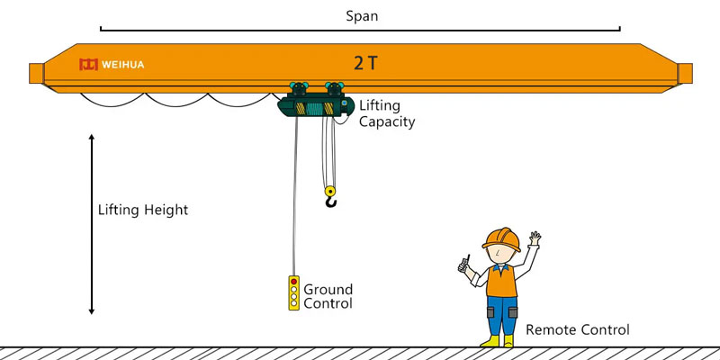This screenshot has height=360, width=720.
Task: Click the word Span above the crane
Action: (x=361, y=16)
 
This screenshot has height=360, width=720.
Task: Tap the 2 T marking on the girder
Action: (x=365, y=63)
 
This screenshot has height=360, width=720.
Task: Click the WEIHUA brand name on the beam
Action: (x=122, y=65)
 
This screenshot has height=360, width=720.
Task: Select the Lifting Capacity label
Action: (x=387, y=113)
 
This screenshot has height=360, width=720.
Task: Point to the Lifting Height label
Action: (x=143, y=210)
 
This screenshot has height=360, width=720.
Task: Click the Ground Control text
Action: (x=328, y=296)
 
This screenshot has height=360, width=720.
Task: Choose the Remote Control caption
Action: (x=578, y=330)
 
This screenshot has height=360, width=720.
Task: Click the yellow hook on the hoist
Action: (x=330, y=196)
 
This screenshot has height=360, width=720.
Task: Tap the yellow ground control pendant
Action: (x=293, y=293)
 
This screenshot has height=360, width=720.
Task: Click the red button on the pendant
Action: (x=293, y=282)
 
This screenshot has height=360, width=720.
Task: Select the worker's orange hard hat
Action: (x=501, y=238)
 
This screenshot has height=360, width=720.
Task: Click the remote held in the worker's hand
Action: (x=465, y=264)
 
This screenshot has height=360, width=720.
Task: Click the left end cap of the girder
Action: (x=36, y=73)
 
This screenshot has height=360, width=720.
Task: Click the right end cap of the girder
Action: (x=685, y=73)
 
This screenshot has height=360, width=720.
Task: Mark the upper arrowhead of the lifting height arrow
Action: (x=92, y=138)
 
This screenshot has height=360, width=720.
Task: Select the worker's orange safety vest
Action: (x=501, y=281)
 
